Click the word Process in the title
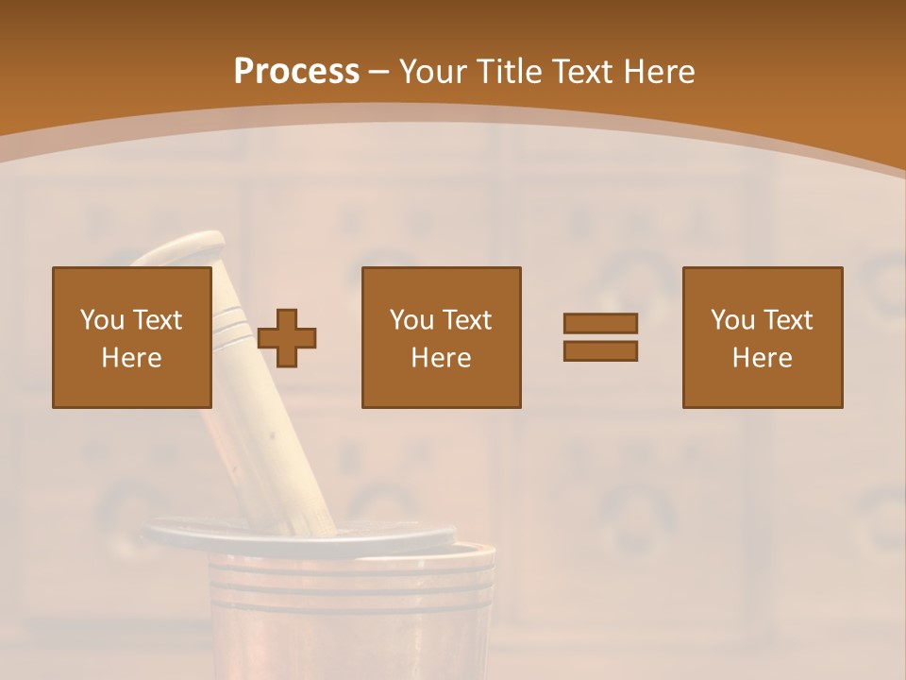pyautogui.click(x=296, y=72)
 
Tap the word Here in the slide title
pyautogui.click(x=660, y=72)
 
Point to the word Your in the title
pyautogui.click(x=432, y=72)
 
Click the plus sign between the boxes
pyautogui.click(x=287, y=337)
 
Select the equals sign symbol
pyautogui.click(x=600, y=337)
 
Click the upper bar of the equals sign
pyautogui.click(x=600, y=323)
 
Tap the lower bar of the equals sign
pyautogui.click(x=600, y=351)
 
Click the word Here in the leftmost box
pyautogui.click(x=131, y=358)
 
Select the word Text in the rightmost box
pyautogui.click(x=788, y=320)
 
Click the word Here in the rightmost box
pyautogui.click(x=762, y=358)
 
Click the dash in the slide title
pyautogui.click(x=378, y=72)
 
